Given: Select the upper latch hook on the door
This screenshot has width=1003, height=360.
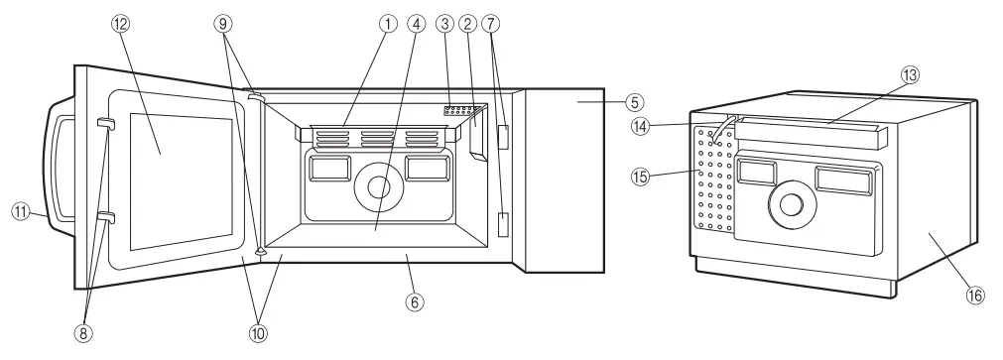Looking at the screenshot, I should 106,123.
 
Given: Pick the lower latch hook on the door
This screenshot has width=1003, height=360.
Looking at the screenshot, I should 106,217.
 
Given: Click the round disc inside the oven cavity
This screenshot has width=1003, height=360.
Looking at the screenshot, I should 377,186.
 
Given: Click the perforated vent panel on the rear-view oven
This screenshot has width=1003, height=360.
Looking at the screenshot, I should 715,177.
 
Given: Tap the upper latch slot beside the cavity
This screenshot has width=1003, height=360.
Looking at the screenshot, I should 503,137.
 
